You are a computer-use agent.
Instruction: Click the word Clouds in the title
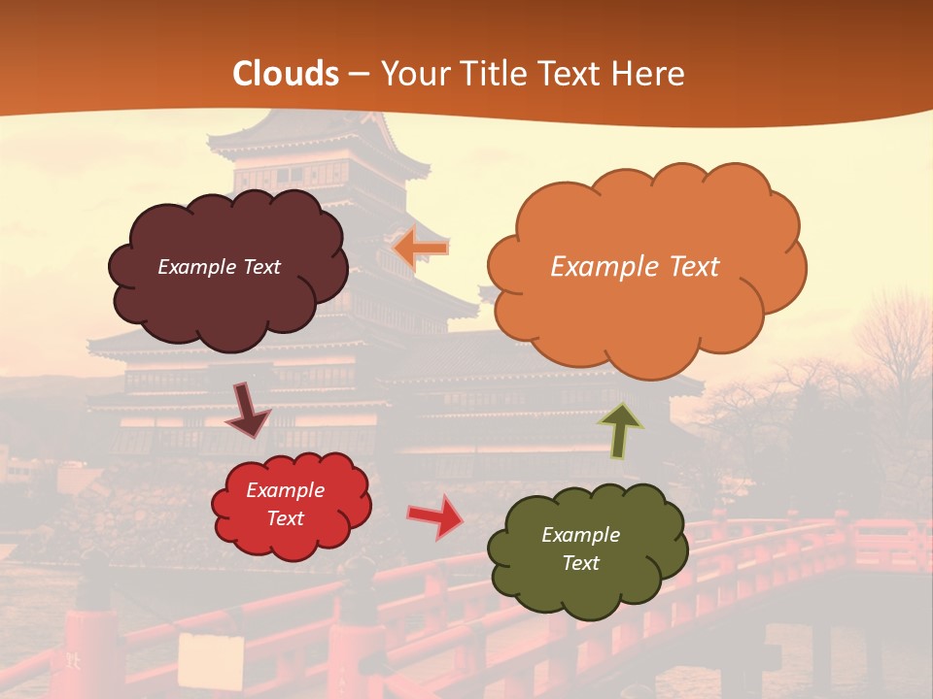pos(286,74)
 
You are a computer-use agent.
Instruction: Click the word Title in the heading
pos(493,74)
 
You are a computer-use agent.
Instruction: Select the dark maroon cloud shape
pos(226,269)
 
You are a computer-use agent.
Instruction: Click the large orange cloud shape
pos(646,267)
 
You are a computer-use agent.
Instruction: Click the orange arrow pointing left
pos(420,249)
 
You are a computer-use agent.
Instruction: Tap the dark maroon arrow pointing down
pos(248,410)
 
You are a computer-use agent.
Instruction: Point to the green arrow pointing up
pos(619,430)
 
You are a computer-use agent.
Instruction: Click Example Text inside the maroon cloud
pos(219,267)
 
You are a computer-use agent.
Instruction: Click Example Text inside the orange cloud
pos(635,267)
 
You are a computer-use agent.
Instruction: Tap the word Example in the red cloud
pos(285,490)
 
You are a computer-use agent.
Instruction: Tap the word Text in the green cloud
pos(580,563)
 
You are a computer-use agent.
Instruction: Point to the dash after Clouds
pos(359,74)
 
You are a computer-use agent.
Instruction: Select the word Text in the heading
pos(570,74)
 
